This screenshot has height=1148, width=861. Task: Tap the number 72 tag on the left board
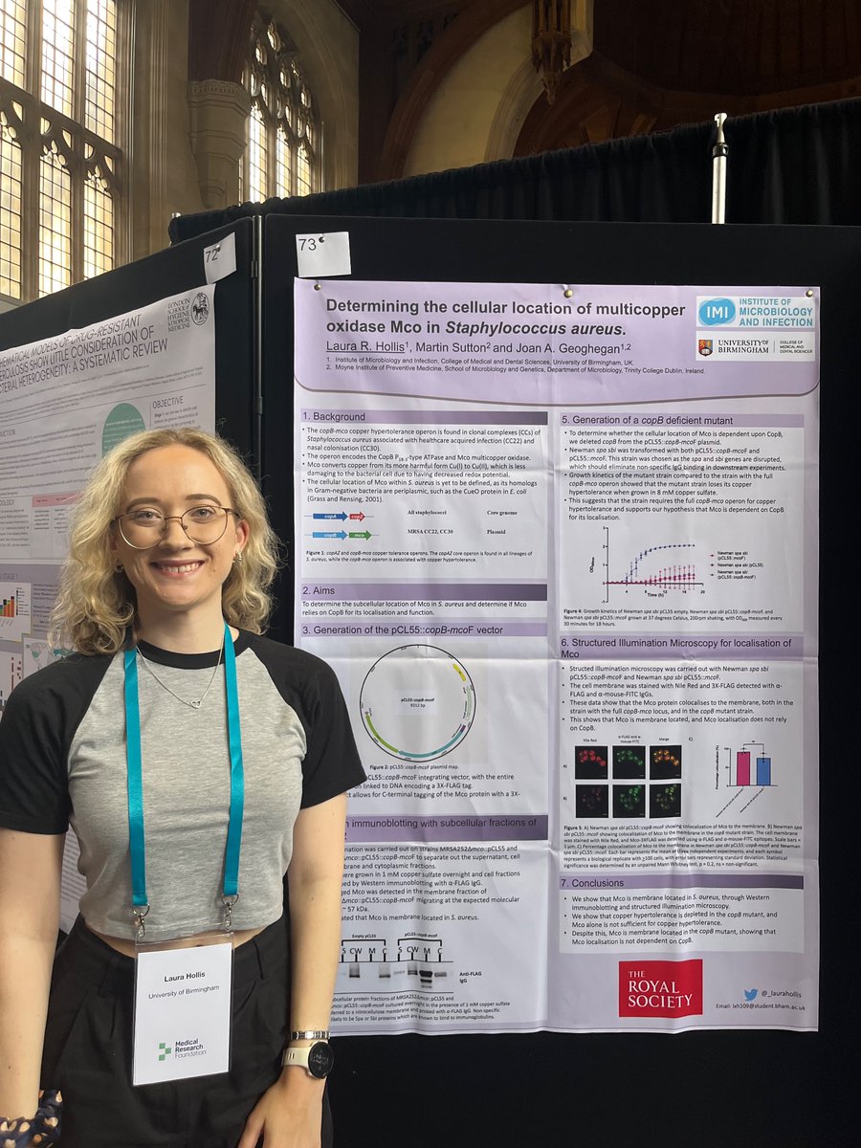[x=219, y=258]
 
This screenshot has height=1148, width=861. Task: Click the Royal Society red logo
[x=659, y=987]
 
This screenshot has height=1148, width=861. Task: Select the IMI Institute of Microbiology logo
[x=756, y=312]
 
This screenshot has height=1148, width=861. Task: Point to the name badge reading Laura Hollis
[x=182, y=1012]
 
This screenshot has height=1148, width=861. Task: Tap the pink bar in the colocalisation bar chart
[x=742, y=767]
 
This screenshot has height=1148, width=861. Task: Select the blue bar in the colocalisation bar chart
[x=762, y=770]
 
